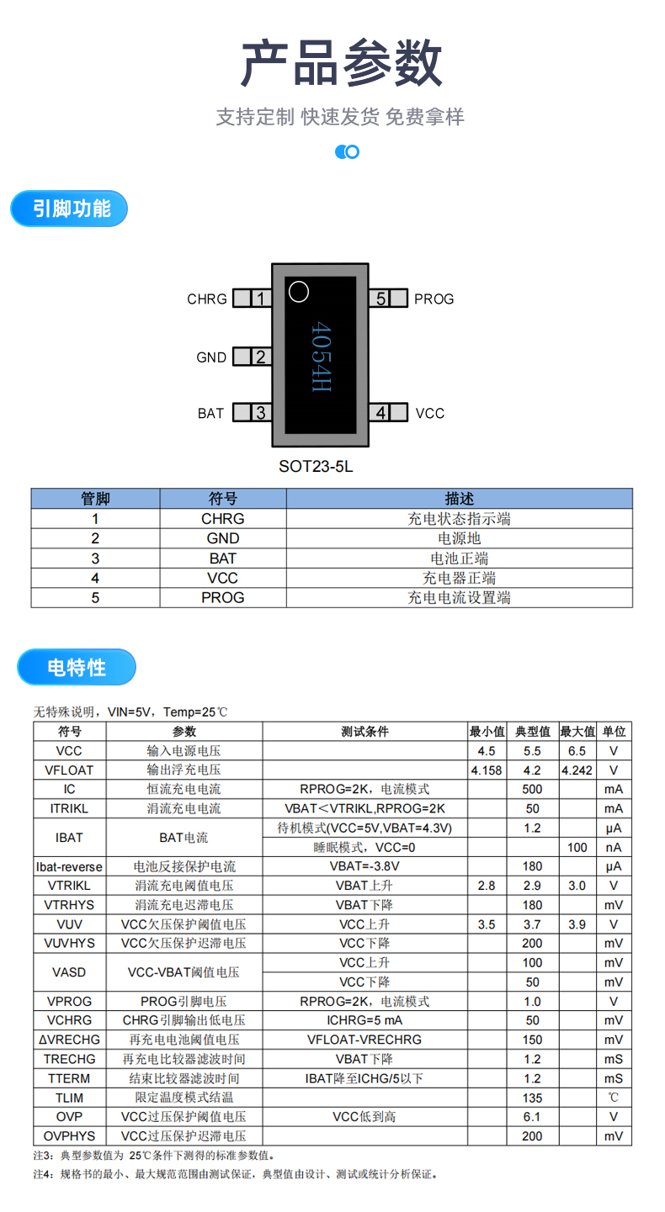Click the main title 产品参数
tap(341, 63)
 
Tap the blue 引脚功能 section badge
tap(70, 209)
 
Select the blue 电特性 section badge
tap(77, 668)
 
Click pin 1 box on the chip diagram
tap(252, 299)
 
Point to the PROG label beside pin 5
tap(434, 299)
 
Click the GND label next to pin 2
tap(211, 357)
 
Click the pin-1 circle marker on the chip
tap(299, 292)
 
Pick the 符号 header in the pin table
tap(223, 499)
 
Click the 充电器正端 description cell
tap(459, 578)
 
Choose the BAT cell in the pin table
tap(223, 558)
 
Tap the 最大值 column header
tap(577, 732)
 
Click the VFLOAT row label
tap(69, 770)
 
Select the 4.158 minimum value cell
tap(487, 770)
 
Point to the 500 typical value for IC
tap(532, 790)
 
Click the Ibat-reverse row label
tap(69, 866)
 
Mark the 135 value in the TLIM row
tap(532, 1098)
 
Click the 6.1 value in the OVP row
tap(532, 1117)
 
